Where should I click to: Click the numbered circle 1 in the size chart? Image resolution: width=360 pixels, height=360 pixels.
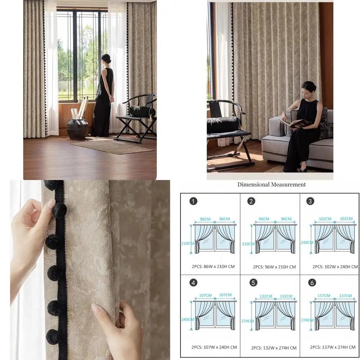point(194,201)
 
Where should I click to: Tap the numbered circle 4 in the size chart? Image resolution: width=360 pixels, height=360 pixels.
point(194,283)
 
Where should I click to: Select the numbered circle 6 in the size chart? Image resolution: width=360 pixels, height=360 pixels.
point(312,283)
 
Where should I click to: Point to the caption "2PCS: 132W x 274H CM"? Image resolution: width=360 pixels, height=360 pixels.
point(274,348)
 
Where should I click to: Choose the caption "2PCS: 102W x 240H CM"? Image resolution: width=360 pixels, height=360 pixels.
point(335,267)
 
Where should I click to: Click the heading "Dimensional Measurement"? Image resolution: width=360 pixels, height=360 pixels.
point(271,185)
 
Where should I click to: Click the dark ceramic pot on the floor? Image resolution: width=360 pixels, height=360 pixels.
point(77,129)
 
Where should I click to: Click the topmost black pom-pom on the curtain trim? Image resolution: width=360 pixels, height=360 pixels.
point(50,185)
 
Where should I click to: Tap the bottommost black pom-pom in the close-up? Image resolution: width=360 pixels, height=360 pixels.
point(54,337)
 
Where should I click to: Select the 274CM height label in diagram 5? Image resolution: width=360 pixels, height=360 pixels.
point(247,320)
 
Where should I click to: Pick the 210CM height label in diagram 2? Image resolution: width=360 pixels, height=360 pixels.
point(248,243)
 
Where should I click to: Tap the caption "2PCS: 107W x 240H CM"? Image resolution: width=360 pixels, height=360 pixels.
point(214,347)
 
